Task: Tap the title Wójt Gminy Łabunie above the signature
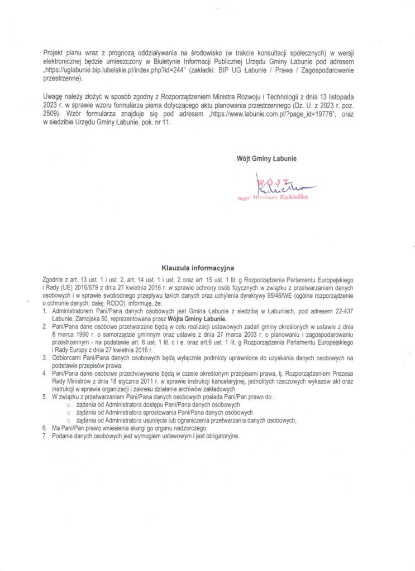point(266,158)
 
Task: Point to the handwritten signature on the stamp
point(279,183)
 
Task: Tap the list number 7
point(44,437)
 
